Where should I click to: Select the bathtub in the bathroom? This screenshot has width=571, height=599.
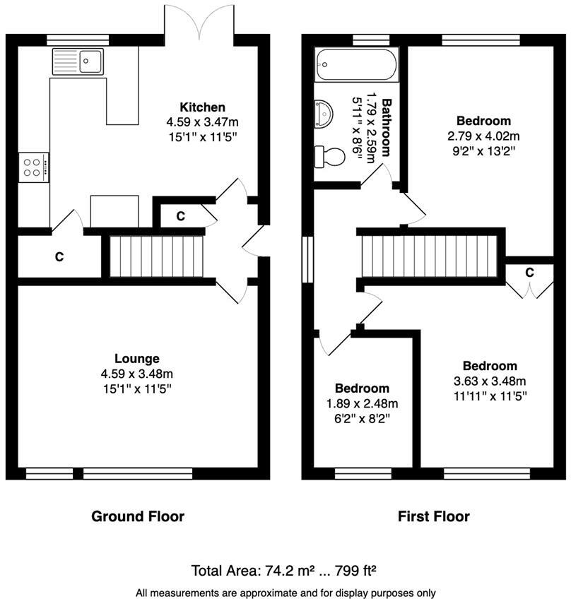tap(357, 65)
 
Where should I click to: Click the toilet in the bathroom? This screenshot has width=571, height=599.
tap(331, 156)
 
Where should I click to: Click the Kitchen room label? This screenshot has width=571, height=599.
tap(203, 107)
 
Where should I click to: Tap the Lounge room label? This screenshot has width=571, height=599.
tap(137, 359)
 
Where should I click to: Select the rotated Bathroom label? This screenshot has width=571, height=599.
tap(387, 127)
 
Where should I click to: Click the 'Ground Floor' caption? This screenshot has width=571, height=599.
tap(138, 516)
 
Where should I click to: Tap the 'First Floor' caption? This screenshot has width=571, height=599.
tap(434, 516)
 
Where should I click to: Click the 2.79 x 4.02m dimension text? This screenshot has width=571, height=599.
tap(483, 136)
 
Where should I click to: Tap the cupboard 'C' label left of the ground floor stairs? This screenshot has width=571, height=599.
tap(59, 258)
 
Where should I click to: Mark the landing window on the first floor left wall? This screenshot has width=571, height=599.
tap(307, 259)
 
